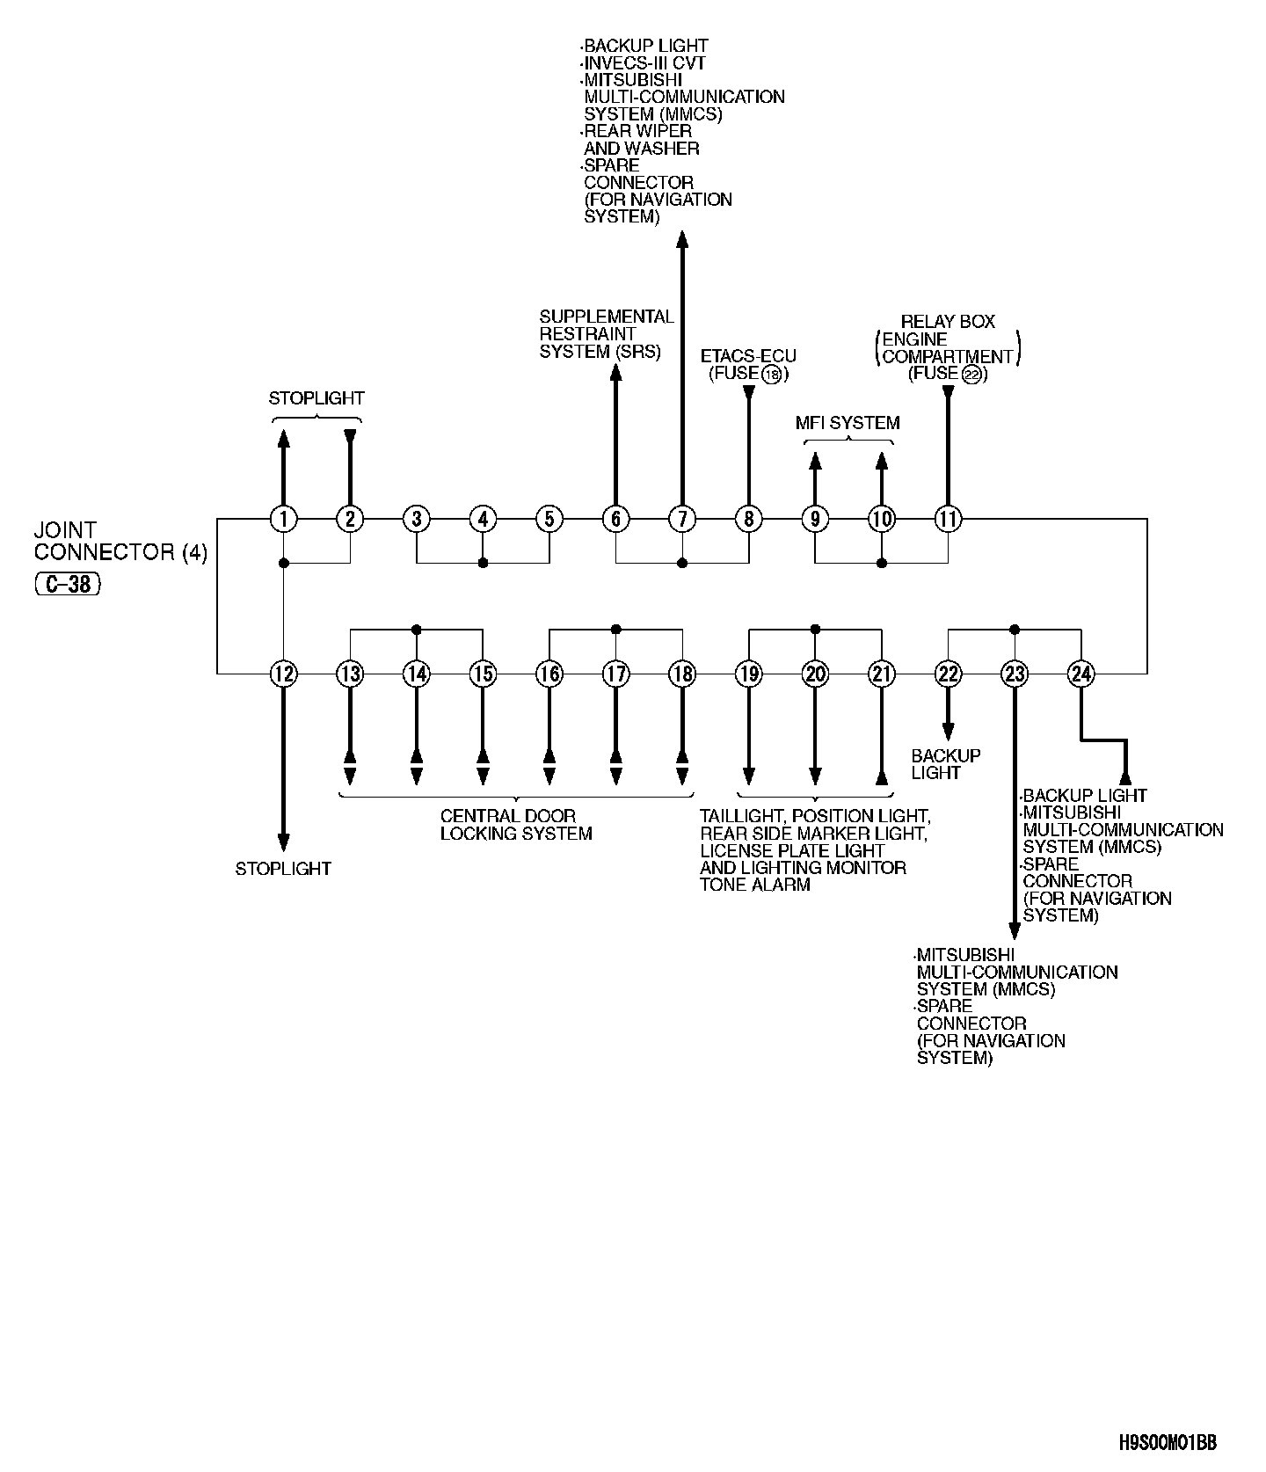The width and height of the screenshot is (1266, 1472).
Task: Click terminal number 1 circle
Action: pos(283,519)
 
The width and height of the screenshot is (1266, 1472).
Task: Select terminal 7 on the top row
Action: pos(682,519)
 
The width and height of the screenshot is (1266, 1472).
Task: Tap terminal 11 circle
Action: pos(948,519)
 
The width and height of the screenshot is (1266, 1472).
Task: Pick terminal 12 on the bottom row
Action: pos(283,674)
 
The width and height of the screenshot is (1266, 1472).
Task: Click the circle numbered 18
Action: pos(682,674)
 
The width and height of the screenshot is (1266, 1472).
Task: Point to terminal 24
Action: pos(1080,674)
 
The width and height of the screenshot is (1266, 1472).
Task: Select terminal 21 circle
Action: pos(881,674)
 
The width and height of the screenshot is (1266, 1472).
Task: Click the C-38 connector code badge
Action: pos(68,584)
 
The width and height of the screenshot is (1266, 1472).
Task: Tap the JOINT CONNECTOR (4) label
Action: pos(120,541)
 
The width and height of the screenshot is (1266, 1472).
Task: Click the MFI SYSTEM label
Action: pos(848,423)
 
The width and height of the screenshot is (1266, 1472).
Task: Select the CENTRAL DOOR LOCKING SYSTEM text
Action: pos(516,825)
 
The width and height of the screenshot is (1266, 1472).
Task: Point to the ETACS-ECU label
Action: pos(748,356)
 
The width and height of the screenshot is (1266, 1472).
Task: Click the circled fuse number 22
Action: pos(971,375)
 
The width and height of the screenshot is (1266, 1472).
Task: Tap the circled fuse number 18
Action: pos(772,375)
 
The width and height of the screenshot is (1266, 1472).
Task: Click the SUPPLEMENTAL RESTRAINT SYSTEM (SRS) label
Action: pos(606,334)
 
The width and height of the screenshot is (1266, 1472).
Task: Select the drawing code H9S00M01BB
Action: pos(1168,1443)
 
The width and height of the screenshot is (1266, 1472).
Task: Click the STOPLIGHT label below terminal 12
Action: pos(283,869)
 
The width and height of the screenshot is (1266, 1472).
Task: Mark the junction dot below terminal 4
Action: pos(483,563)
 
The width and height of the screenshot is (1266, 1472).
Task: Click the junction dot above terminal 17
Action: pos(615,630)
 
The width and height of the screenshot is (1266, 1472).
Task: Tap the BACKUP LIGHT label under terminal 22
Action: pos(946,764)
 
